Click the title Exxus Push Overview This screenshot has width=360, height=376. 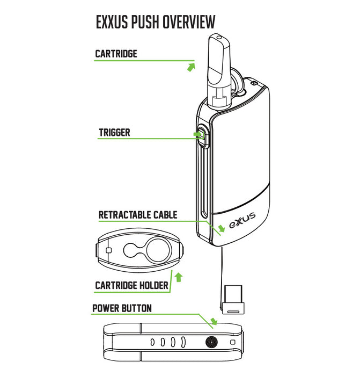(156, 22)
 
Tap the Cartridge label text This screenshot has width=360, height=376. (116, 54)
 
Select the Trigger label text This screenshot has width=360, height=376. (114, 132)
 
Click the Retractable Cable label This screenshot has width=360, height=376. (138, 215)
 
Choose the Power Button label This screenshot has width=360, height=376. (122, 308)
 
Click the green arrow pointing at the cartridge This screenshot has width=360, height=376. (190, 67)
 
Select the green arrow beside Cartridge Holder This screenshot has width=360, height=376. (179, 277)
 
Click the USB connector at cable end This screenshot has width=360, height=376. (232, 300)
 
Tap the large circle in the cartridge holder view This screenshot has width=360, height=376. (157, 249)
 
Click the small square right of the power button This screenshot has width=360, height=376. (232, 342)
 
